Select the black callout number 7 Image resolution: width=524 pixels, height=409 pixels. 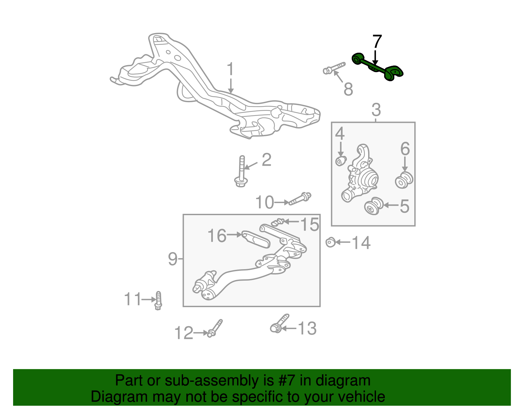pos(377,42)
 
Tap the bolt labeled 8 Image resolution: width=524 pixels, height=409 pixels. pos(334,68)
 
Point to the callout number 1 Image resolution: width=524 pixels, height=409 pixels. pos(230,69)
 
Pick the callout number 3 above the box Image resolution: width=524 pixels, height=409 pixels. pos(376,110)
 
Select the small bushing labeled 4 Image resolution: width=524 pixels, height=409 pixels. pos(341,161)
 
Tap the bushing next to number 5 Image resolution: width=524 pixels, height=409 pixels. pos(374,206)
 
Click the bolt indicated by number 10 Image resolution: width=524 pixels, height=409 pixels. pos(300,198)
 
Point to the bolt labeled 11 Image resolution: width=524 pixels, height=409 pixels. pos(158,301)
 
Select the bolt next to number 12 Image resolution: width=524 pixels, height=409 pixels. pos(215,328)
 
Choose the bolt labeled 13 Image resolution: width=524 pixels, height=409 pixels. pos(279,324)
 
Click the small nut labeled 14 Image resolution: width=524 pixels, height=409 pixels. pos(330,242)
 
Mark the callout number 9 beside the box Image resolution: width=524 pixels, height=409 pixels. pos(173,259)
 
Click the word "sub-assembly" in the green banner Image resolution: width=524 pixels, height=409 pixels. pos(219,381)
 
